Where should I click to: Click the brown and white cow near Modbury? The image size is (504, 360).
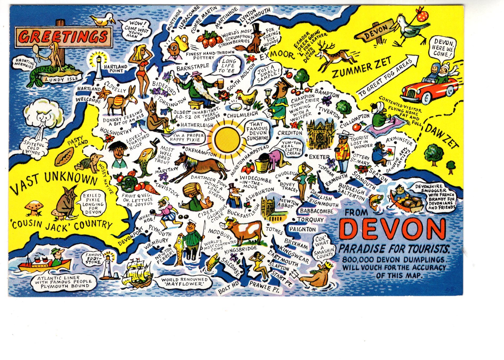pyautogui.click(x=243, y=231)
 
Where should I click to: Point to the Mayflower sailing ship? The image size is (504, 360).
pyautogui.click(x=137, y=273)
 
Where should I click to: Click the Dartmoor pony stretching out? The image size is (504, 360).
pyautogui.click(x=200, y=165)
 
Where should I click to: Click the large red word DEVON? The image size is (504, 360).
pyautogui.click(x=393, y=229)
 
